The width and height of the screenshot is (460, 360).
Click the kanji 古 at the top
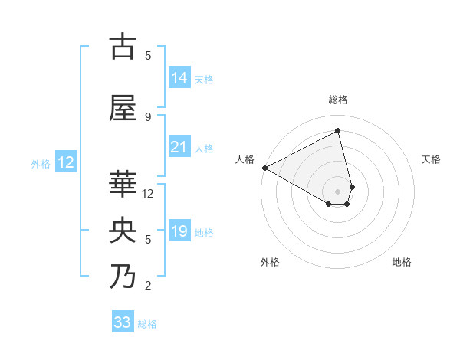pyautogui.click(x=123, y=47)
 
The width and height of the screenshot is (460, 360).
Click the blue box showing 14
pyautogui.click(x=179, y=78)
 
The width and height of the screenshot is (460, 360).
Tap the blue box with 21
pyautogui.click(x=179, y=148)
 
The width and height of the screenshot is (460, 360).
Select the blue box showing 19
pyautogui.click(x=179, y=232)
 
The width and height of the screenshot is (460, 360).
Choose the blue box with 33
pyautogui.click(x=123, y=322)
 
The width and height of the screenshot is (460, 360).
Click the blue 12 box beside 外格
pyautogui.click(x=66, y=162)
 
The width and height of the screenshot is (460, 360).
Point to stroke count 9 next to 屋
pyautogui.click(x=148, y=116)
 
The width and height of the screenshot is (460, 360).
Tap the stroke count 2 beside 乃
pyautogui.click(x=148, y=286)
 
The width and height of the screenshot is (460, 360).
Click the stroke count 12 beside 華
pyautogui.click(x=149, y=194)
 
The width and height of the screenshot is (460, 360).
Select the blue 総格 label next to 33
pyautogui.click(x=147, y=324)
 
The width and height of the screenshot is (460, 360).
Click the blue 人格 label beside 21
pyautogui.click(x=204, y=149)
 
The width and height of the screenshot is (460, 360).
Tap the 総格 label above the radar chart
pyautogui.click(x=338, y=100)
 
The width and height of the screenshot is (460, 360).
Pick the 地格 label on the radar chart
pyautogui.click(x=402, y=262)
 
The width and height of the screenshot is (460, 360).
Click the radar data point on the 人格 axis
pyautogui.click(x=264, y=168)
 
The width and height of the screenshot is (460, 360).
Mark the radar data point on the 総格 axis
pyautogui.click(x=338, y=130)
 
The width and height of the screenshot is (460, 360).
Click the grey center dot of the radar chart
pyautogui.click(x=338, y=191)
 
